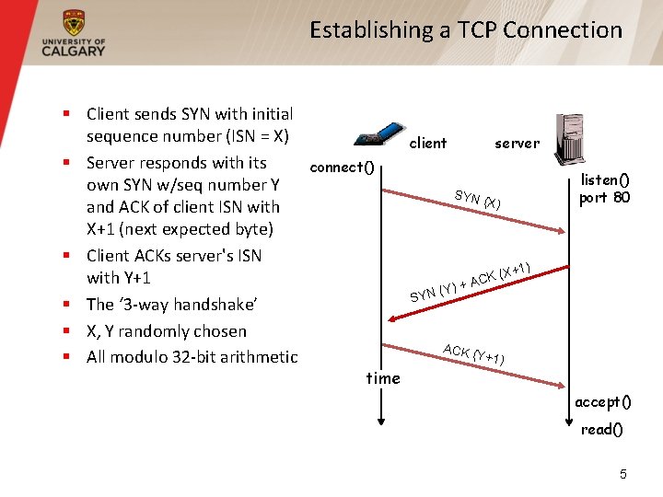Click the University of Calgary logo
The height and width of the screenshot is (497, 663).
[74, 35]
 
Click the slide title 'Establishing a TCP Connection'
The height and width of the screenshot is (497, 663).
[466, 30]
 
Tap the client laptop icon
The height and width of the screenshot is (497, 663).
[379, 133]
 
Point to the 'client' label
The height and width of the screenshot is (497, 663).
[427, 144]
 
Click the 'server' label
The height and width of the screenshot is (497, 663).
[517, 144]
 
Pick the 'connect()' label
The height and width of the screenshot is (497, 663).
[343, 168]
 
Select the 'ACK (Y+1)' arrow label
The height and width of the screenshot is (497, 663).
[473, 353]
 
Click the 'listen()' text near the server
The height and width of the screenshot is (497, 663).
[605, 180]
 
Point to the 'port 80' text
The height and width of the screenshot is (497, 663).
[605, 197]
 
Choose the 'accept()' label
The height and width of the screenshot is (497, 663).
[603, 402]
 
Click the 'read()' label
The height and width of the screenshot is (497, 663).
[602, 430]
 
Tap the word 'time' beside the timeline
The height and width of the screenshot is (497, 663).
[383, 378]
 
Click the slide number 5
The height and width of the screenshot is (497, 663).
[622, 474]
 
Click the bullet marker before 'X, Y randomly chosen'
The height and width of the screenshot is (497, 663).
[67, 329]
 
